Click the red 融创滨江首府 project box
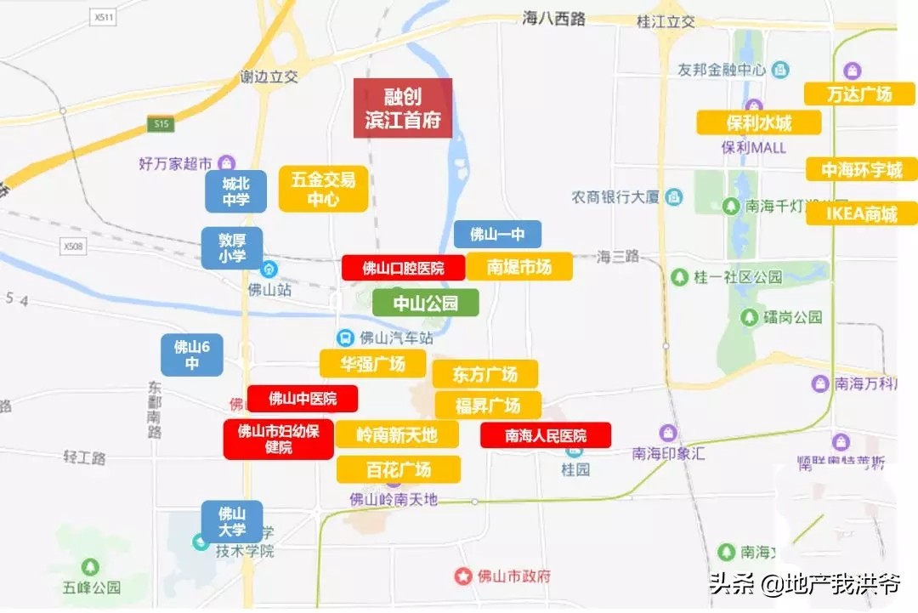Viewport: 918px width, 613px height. pyautogui.click(x=403, y=108)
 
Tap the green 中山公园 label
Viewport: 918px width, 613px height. pyautogui.click(x=425, y=303)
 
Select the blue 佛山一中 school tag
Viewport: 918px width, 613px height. pyautogui.click(x=497, y=235)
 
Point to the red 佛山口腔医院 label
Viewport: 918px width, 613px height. pyautogui.click(x=403, y=268)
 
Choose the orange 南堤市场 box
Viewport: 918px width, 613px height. pyautogui.click(x=518, y=267)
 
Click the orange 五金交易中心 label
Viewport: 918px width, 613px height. pyautogui.click(x=323, y=189)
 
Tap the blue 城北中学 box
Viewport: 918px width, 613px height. pyautogui.click(x=235, y=191)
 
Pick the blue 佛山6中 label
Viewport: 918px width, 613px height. pyautogui.click(x=192, y=355)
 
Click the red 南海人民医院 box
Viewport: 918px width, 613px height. pyautogui.click(x=546, y=435)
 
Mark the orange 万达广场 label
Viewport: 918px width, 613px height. pyautogui.click(x=859, y=94)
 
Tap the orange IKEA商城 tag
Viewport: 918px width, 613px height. pyautogui.click(x=862, y=213)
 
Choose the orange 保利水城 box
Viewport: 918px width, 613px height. pyautogui.click(x=759, y=122)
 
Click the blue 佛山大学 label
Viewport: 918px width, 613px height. pyautogui.click(x=232, y=521)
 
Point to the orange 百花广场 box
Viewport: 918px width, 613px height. pyautogui.click(x=399, y=469)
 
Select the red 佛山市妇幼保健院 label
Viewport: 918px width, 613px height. pyautogui.click(x=278, y=439)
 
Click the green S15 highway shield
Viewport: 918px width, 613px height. pyautogui.click(x=161, y=124)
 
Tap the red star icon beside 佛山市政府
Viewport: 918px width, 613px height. pyautogui.click(x=462, y=576)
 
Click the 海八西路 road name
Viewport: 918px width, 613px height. pyautogui.click(x=554, y=19)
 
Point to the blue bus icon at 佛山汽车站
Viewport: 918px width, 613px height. pyautogui.click(x=345, y=338)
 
